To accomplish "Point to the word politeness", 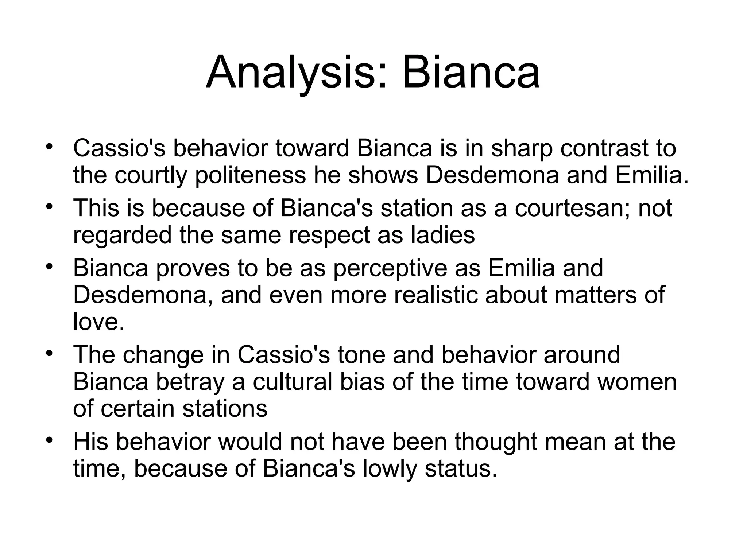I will [251, 175].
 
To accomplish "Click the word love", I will [99, 322].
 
